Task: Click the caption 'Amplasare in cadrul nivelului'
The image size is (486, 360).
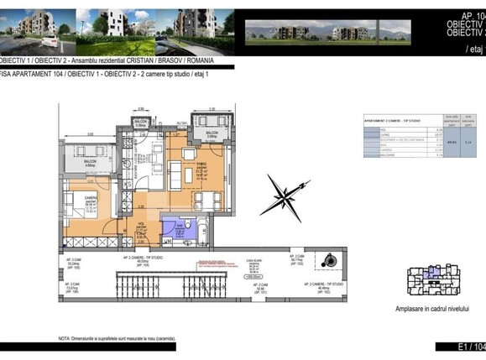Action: [x=431, y=309]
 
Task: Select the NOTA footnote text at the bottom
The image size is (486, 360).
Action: [x=117, y=339]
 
